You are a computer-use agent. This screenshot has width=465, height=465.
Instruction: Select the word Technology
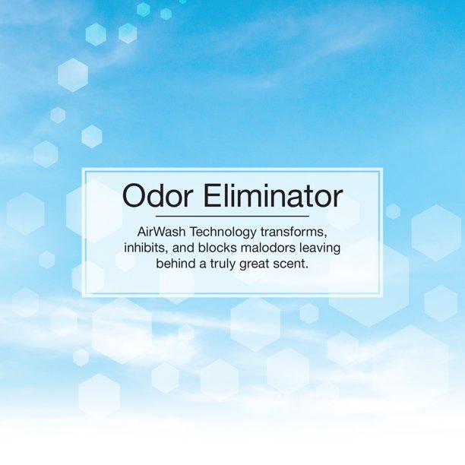click(x=232, y=231)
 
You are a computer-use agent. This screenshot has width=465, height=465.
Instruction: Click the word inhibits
click(x=148, y=248)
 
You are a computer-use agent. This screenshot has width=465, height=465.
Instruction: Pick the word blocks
click(x=224, y=248)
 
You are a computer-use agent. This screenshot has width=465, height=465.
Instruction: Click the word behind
click(x=176, y=264)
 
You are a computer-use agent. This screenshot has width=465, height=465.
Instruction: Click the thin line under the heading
click(x=232, y=217)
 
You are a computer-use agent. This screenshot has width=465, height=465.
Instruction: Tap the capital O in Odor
click(x=134, y=197)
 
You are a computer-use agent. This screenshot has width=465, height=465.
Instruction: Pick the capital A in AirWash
click(x=143, y=231)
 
